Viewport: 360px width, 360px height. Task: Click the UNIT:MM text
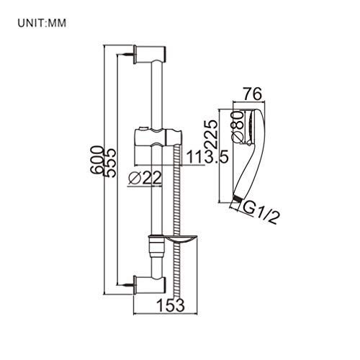[41, 23]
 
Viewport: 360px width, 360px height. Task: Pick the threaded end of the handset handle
[235, 204]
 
